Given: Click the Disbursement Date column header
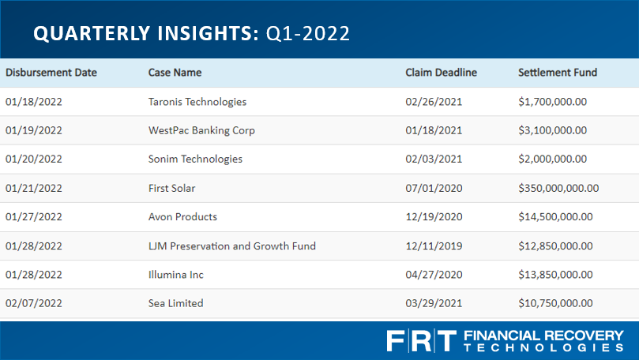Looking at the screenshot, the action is [x=51, y=73].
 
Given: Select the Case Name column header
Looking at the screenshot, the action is [x=175, y=73].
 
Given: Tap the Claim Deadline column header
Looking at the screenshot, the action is [x=441, y=73].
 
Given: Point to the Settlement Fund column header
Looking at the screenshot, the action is [x=558, y=73].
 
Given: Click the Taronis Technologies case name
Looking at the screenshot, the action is [x=197, y=102].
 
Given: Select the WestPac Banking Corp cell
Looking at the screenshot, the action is [x=201, y=131].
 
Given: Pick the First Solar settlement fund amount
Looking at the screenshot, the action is [x=558, y=188].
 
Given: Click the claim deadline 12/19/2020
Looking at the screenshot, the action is [x=434, y=216].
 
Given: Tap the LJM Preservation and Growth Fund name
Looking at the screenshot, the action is [x=232, y=246].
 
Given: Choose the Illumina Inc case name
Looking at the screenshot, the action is [x=175, y=275].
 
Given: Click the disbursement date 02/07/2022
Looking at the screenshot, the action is [x=34, y=303].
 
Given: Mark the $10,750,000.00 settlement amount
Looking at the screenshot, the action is [x=555, y=303].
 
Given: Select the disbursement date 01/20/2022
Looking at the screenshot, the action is [x=34, y=159].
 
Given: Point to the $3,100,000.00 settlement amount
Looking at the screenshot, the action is [x=553, y=130].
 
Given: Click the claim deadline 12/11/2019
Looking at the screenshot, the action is [x=434, y=246].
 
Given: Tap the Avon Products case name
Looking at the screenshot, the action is [x=182, y=216].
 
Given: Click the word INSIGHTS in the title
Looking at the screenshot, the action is [x=209, y=33].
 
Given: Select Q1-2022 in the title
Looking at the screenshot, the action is [x=308, y=33].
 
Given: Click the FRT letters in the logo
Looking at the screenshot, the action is [x=421, y=341].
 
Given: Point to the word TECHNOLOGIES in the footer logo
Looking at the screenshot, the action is [x=543, y=348].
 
